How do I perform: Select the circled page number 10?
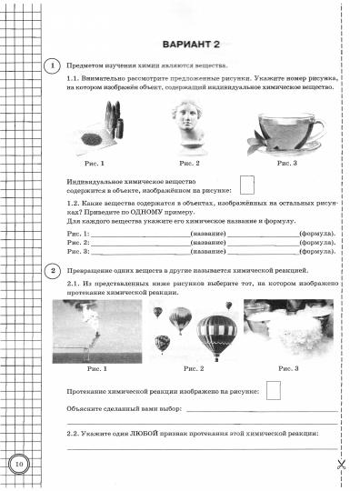click(x=19, y=466)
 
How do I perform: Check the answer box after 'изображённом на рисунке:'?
click(x=245, y=187)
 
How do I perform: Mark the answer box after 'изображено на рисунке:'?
click(x=272, y=390)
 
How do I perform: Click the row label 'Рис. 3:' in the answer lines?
click(x=77, y=253)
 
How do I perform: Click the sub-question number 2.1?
click(x=75, y=285)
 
